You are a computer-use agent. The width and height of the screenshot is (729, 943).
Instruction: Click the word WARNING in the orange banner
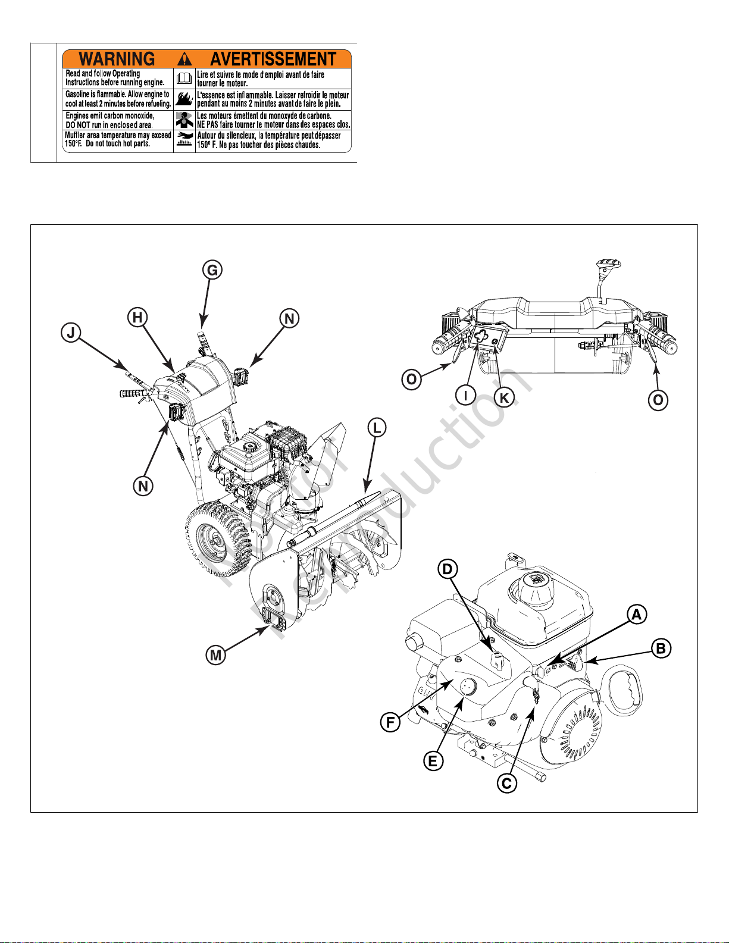click(x=117, y=59)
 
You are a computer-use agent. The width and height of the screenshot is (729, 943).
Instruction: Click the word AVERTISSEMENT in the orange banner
click(x=273, y=59)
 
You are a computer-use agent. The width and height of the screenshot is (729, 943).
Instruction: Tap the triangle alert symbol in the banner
click(x=185, y=58)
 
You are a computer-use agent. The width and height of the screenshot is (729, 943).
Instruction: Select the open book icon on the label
click(x=184, y=79)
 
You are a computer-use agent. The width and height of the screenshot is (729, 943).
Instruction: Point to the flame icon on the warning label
click(x=184, y=99)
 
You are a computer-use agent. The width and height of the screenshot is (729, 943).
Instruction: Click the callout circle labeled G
click(x=212, y=270)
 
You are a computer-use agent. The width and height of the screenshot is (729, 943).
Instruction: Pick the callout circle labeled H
click(x=137, y=317)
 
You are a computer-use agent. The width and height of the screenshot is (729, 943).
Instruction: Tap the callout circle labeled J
click(x=71, y=333)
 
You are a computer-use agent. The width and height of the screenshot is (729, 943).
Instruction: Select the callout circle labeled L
click(x=377, y=427)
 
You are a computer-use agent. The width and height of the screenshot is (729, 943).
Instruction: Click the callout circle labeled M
click(x=215, y=655)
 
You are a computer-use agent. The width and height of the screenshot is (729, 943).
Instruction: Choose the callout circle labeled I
click(x=465, y=395)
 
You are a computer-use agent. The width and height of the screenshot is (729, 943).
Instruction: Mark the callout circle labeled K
click(x=504, y=397)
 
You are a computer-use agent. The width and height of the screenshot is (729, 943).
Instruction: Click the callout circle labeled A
click(x=637, y=615)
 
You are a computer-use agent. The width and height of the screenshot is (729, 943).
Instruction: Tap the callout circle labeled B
click(x=661, y=648)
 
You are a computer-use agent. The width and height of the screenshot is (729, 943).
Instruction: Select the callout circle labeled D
click(x=448, y=569)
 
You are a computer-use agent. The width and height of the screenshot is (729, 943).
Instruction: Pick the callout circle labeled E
click(x=433, y=761)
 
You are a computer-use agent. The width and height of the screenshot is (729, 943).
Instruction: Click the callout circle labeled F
click(x=390, y=722)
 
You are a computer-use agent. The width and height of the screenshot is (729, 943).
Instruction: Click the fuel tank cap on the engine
click(x=537, y=584)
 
